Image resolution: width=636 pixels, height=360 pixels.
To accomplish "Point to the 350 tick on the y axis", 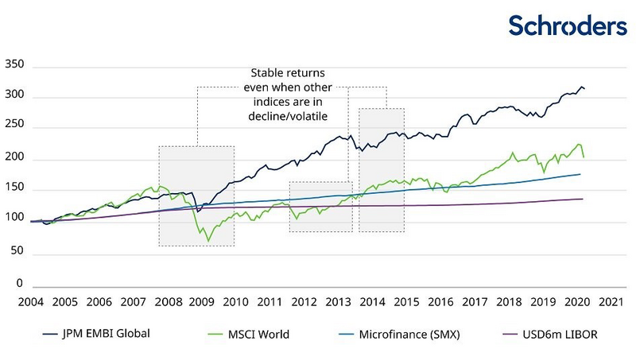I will (16, 65).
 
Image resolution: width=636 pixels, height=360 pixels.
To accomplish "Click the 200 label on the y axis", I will (16, 159).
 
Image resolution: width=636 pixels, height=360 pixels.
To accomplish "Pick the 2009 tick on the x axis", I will (201, 302).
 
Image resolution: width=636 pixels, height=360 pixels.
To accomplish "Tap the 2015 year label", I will (406, 302).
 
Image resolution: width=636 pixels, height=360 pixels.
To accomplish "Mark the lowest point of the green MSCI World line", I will (209, 240).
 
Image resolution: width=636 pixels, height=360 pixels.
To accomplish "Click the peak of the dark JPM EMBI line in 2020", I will (581, 87).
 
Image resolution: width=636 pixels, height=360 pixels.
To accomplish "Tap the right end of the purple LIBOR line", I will (584, 199).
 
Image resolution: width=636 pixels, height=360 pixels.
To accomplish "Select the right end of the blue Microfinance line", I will (580, 174).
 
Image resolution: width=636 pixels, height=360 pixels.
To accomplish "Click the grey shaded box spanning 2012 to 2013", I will (320, 207).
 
